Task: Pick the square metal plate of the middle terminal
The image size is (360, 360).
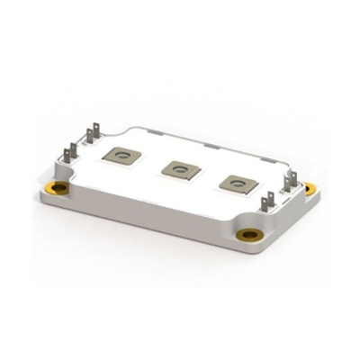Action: click(181, 166)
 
